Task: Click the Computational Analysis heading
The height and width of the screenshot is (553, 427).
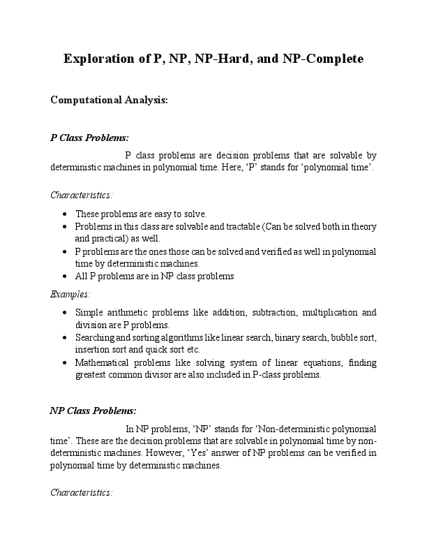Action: click(x=109, y=100)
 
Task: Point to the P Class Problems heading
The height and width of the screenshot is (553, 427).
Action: click(x=89, y=138)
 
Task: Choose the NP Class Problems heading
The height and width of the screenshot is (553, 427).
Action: click(x=93, y=410)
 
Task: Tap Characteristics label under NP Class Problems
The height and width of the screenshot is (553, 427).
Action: click(x=81, y=492)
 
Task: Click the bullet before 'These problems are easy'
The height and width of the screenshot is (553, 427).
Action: click(x=65, y=214)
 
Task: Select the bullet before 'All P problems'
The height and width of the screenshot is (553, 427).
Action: click(x=65, y=276)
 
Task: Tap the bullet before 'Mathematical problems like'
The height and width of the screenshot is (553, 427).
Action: click(x=65, y=363)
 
